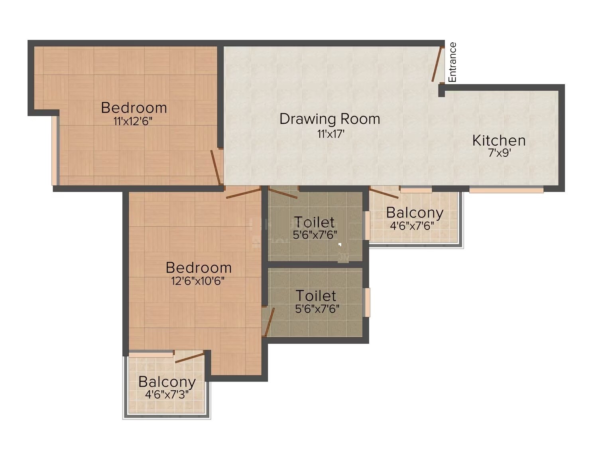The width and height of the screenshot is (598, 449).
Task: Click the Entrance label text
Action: coord(452,62)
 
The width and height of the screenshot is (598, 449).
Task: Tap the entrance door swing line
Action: coord(438,65)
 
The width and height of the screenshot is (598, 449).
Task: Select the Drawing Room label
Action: coord(330,119)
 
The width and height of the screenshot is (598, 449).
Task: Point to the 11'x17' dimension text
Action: coord(330,134)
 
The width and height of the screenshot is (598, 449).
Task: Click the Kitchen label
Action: coord(499,140)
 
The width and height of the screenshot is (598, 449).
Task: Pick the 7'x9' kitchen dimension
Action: coord(500,153)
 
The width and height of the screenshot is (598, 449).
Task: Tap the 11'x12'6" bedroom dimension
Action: coord(133,121)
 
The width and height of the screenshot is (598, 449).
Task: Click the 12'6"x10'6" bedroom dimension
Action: coord(198,281)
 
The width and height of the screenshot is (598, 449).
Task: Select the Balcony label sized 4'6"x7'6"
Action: coord(415,213)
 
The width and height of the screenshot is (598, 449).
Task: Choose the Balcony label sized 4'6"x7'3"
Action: coord(167,382)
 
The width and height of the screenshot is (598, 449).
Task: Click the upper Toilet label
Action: coord(315,222)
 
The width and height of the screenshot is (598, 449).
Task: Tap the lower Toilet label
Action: coord(316,296)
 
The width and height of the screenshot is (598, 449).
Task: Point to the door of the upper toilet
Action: coord(283,193)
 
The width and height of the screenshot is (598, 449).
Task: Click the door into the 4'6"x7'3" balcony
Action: coord(190,357)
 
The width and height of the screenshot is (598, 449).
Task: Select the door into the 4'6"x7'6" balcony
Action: coord(384,193)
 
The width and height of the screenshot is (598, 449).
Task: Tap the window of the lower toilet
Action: coord(368,302)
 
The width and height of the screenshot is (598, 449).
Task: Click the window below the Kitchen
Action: coord(506,190)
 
